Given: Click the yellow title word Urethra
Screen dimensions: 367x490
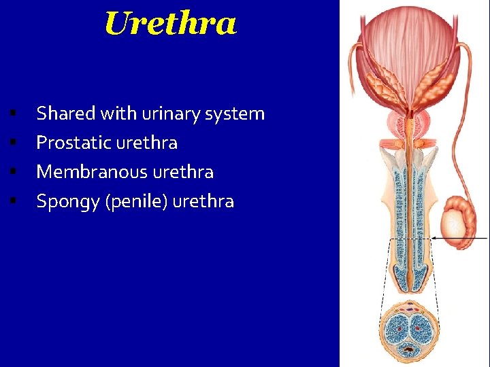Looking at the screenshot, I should point(170,24).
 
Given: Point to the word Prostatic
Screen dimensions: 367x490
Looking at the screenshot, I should point(74,143).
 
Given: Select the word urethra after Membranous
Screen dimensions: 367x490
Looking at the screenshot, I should point(183,172).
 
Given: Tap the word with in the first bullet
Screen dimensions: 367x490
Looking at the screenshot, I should point(120,113).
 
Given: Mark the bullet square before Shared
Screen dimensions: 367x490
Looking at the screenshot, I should point(13,113).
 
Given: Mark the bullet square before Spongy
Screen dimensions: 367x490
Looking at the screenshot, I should point(13,201).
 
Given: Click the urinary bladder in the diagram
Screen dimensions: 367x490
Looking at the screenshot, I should point(409,48).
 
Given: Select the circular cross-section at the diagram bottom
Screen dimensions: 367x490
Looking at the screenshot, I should point(410,330).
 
